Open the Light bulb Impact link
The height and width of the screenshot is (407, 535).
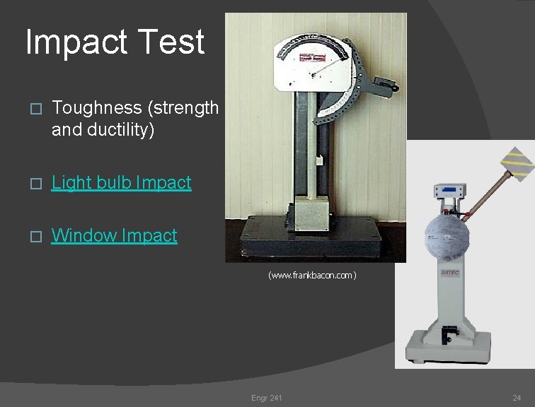[122, 182]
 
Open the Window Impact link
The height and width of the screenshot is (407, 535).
[114, 235]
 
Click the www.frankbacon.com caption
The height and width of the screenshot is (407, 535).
[312, 275]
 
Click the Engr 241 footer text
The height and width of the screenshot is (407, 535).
[266, 398]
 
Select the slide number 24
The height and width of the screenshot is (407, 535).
[516, 398]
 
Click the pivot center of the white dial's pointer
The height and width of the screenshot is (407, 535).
[313, 71]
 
